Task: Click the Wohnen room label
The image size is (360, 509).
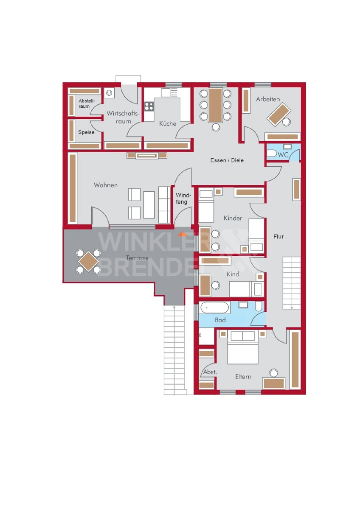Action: pos(106,185)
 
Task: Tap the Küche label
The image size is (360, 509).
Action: pos(168,123)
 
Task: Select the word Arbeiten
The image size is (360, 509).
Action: pos(268,99)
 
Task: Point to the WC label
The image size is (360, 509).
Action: pos(283,155)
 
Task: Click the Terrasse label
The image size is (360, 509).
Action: pos(137,258)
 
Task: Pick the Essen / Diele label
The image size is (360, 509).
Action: pos(227,160)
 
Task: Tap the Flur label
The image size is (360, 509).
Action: pos(278,237)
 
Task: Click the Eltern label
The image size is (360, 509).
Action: pos(243,377)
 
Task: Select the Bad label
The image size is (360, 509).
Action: pos(220,320)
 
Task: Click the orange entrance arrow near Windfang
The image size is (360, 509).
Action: pos(183,234)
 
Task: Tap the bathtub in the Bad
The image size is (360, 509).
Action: pos(214,308)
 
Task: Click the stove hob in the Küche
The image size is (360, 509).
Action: pos(149,106)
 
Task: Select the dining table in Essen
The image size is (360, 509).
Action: pos(216,105)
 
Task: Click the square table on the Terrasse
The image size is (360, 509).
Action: pos(88,261)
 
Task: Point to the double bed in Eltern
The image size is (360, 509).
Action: pos(243,348)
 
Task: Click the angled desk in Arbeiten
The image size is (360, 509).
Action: pos(279,115)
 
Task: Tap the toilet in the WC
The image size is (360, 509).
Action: pos(271,154)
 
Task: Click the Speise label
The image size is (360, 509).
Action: pos(86,132)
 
